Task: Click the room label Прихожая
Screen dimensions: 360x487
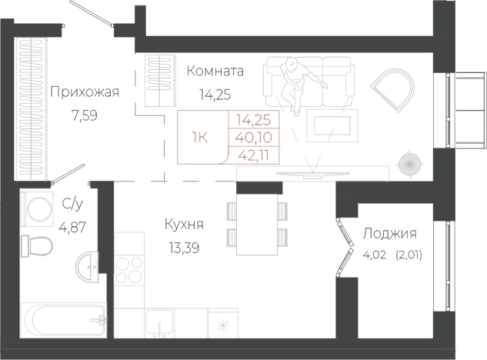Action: pyautogui.click(x=85, y=93)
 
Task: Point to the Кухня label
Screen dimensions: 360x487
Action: pyautogui.click(x=184, y=225)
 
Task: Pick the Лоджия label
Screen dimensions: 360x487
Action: pyautogui.click(x=389, y=235)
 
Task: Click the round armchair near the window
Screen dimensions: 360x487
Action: pyautogui.click(x=392, y=88)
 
